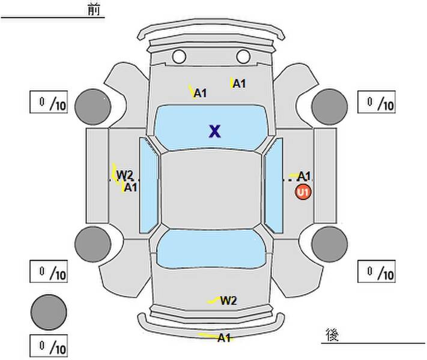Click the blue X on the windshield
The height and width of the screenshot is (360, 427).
215,131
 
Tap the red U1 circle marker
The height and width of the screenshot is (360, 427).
303,193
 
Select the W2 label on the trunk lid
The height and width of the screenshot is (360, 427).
228,301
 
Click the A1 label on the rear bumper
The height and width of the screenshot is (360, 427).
224,338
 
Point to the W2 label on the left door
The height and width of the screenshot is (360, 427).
124,175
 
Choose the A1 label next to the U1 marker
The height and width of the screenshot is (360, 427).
304,176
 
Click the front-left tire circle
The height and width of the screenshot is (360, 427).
93,107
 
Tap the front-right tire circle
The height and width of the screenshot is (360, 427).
330,107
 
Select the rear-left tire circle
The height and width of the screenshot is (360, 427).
93,244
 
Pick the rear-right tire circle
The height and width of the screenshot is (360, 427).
330,244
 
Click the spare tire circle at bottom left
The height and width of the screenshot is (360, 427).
49,312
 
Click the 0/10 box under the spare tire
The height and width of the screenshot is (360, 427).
49,346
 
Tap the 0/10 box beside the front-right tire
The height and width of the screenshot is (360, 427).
377,102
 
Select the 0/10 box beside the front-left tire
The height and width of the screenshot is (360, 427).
49,102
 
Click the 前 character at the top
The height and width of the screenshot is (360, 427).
94,10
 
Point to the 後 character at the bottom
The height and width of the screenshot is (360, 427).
332,335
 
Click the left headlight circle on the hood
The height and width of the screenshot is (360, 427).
179,56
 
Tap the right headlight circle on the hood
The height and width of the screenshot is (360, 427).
243,56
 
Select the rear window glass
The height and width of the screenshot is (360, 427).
211,248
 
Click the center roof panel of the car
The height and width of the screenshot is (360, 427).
211,190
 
